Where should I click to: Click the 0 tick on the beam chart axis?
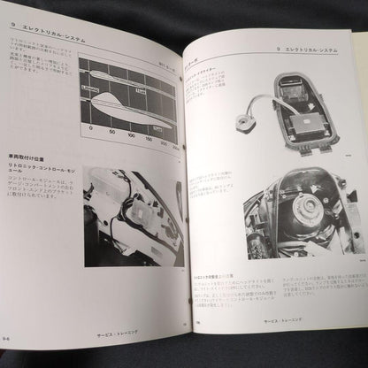tap(85, 135)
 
